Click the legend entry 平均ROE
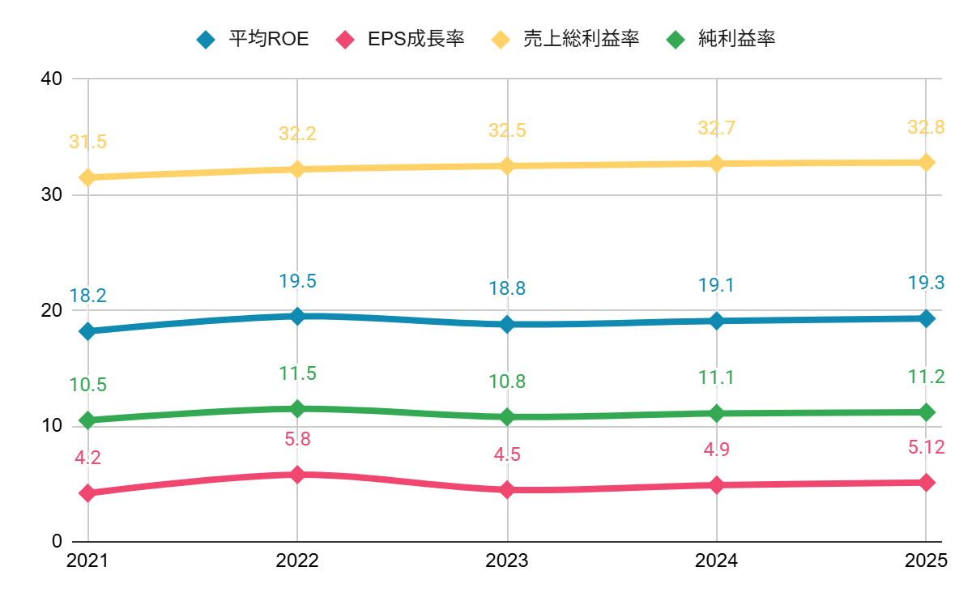point(268,39)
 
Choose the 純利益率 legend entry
point(736,39)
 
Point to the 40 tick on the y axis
point(52,79)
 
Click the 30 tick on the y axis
point(52,195)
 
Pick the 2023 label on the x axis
point(507,561)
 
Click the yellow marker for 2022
point(297,169)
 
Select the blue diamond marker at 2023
point(507,324)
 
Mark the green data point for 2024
point(717,413)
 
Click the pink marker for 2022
point(297,475)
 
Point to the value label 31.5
point(87,143)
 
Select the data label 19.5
point(297,281)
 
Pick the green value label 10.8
point(507,381)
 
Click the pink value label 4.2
point(87,458)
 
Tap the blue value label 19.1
point(717,285)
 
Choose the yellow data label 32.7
point(717,128)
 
